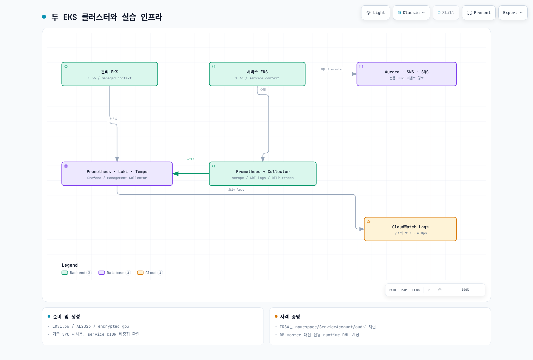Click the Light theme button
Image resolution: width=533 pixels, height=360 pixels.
(375, 13)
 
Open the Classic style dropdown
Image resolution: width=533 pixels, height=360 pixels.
(411, 13)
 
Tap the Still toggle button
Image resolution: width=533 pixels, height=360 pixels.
(446, 13)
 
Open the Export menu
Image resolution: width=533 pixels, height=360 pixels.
(513, 13)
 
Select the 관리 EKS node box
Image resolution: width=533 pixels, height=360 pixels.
(110, 74)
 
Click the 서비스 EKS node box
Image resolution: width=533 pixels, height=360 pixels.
(257, 74)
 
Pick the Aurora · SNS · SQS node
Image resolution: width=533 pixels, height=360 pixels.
(407, 74)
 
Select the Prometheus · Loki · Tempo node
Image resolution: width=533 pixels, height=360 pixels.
(117, 174)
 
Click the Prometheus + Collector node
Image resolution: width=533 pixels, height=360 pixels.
(263, 174)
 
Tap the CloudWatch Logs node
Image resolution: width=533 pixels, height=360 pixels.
(410, 229)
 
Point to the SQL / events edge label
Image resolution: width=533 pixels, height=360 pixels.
(331, 69)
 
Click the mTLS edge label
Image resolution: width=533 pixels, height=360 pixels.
(191, 159)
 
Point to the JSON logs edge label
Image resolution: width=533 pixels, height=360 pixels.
(236, 190)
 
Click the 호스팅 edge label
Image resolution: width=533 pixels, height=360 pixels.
(113, 119)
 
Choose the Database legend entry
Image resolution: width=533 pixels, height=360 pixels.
(115, 273)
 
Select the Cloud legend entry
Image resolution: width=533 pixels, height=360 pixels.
(150, 273)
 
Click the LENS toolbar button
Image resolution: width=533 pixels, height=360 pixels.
(416, 290)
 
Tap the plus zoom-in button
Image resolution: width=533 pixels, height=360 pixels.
(479, 290)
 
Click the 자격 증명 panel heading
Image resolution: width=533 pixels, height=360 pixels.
(290, 317)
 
